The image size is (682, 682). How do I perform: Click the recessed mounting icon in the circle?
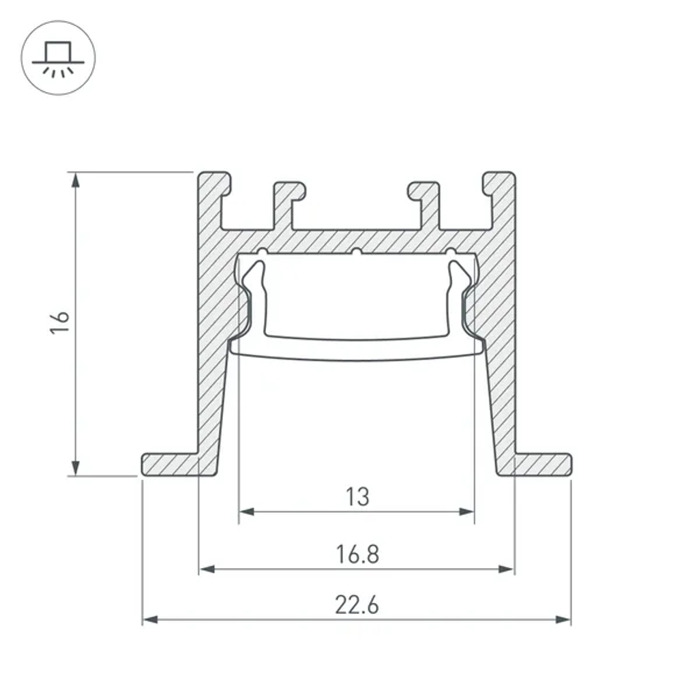pos(58,57)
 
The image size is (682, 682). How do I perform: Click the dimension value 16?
pos(61,323)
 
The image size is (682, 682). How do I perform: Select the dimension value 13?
pos(357,496)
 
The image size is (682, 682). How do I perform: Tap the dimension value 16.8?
pos(357,554)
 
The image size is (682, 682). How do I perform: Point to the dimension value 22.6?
pos(357,605)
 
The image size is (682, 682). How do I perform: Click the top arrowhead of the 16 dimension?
pos(76,179)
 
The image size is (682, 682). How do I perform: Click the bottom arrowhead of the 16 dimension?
pos(76,469)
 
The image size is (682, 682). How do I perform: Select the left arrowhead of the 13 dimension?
pos(246,512)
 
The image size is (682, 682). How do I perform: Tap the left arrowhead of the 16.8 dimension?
pos(207,569)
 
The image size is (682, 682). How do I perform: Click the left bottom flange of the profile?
pos(170,464)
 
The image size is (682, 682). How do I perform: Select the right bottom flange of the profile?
pos(542,464)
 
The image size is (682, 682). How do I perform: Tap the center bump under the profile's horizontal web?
pos(355,253)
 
